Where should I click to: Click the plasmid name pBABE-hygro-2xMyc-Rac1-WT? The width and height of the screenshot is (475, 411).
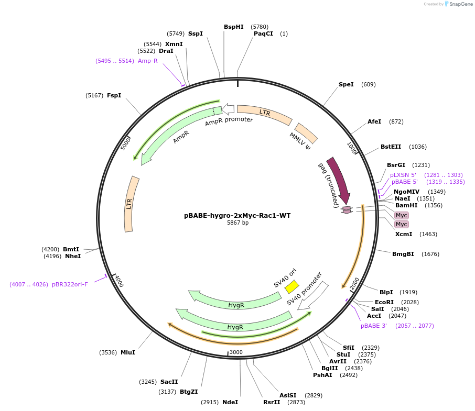(x=237, y=215)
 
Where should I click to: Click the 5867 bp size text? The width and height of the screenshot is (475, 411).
(x=237, y=223)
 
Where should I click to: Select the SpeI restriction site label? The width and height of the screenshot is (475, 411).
(x=346, y=84)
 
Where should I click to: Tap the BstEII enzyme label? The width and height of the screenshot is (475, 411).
(x=391, y=147)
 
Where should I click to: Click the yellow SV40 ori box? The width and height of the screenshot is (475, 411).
(x=292, y=286)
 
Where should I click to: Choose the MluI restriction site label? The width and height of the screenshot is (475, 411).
(x=128, y=352)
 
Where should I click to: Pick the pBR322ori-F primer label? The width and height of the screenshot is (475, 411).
(x=70, y=284)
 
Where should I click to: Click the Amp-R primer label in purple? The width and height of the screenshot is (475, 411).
(x=148, y=61)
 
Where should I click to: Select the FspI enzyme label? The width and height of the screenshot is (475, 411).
(x=114, y=95)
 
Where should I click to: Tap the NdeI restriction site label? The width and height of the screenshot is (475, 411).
(x=230, y=402)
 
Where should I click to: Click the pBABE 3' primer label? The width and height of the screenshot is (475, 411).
(x=374, y=326)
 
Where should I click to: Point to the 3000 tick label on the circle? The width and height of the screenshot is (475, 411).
(x=236, y=352)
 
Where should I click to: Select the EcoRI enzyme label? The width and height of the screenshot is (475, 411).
(x=384, y=302)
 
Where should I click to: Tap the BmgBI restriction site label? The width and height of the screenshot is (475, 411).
(x=403, y=254)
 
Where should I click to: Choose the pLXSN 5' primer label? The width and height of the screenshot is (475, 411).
(x=403, y=175)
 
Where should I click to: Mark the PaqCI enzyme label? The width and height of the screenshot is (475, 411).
(x=263, y=34)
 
